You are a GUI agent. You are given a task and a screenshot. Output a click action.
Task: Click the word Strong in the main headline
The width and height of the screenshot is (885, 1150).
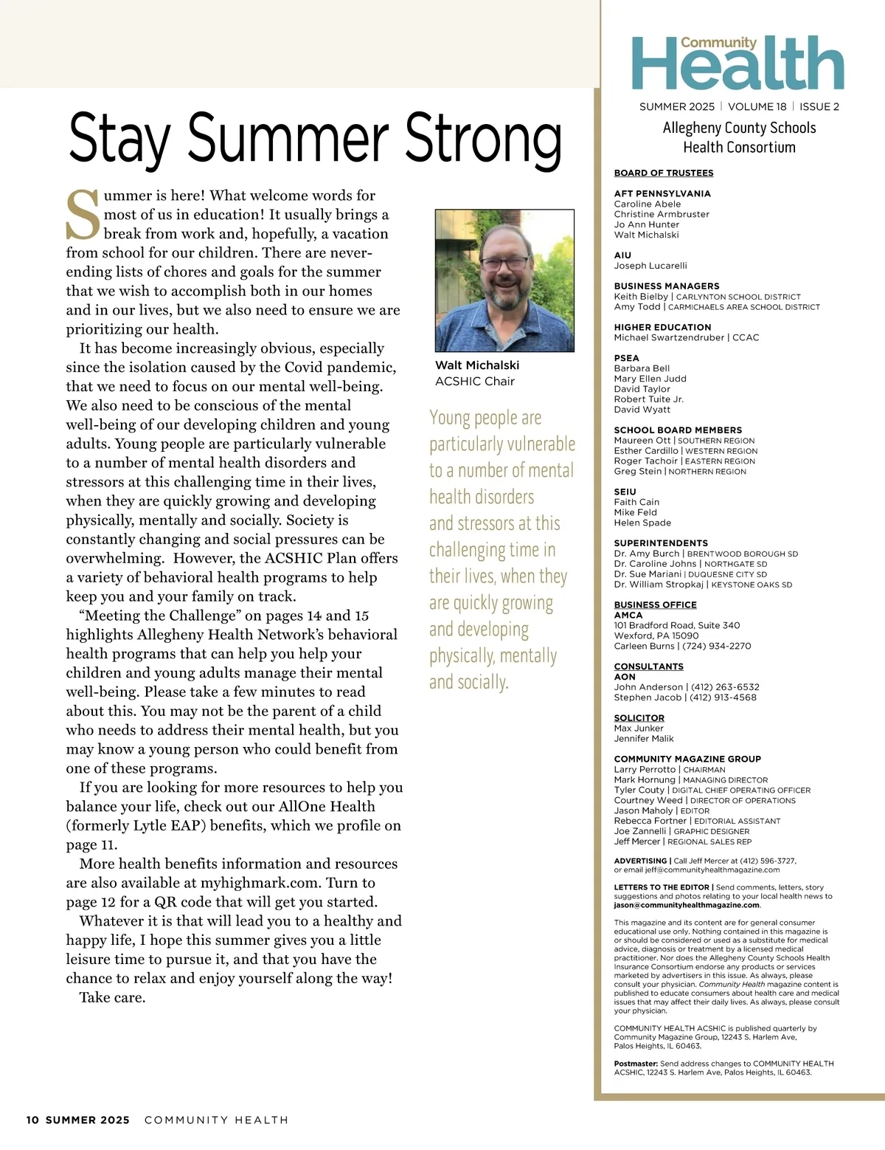(x=483, y=139)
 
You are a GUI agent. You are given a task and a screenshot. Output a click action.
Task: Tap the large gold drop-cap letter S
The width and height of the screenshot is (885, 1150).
(x=83, y=215)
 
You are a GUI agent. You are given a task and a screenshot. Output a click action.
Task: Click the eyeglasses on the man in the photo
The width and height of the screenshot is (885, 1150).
(x=505, y=263)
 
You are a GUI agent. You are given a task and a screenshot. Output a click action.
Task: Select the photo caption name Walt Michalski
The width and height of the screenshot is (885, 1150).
(x=477, y=365)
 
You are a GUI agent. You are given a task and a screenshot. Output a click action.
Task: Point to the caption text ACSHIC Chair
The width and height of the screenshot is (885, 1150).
(x=475, y=381)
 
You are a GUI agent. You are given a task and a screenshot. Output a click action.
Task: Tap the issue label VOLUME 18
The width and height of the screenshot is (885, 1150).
(x=757, y=106)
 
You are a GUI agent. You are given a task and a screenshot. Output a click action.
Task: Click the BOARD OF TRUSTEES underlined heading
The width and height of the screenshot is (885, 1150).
(x=664, y=173)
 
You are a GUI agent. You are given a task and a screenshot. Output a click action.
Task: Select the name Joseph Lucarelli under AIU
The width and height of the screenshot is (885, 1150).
(x=650, y=266)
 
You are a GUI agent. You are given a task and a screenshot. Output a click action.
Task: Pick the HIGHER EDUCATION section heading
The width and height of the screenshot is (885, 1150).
(x=663, y=327)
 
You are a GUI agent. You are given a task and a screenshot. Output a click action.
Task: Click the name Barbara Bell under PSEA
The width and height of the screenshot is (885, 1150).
(x=642, y=368)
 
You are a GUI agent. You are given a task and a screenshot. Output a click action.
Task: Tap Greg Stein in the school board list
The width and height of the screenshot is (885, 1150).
(x=638, y=471)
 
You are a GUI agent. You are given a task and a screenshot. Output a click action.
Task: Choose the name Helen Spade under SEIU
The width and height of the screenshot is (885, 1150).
(x=642, y=523)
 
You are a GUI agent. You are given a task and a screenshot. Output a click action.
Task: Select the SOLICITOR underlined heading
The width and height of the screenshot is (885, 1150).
(x=639, y=717)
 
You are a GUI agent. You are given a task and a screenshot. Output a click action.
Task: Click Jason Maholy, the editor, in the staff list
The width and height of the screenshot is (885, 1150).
(x=643, y=810)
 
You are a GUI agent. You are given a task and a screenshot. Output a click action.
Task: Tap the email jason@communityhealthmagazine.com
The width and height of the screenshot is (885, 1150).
(x=687, y=905)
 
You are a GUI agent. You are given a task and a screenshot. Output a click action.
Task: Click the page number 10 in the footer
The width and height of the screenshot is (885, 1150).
(x=32, y=1120)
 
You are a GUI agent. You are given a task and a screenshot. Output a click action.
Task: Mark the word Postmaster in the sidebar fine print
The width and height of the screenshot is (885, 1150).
(x=636, y=1064)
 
